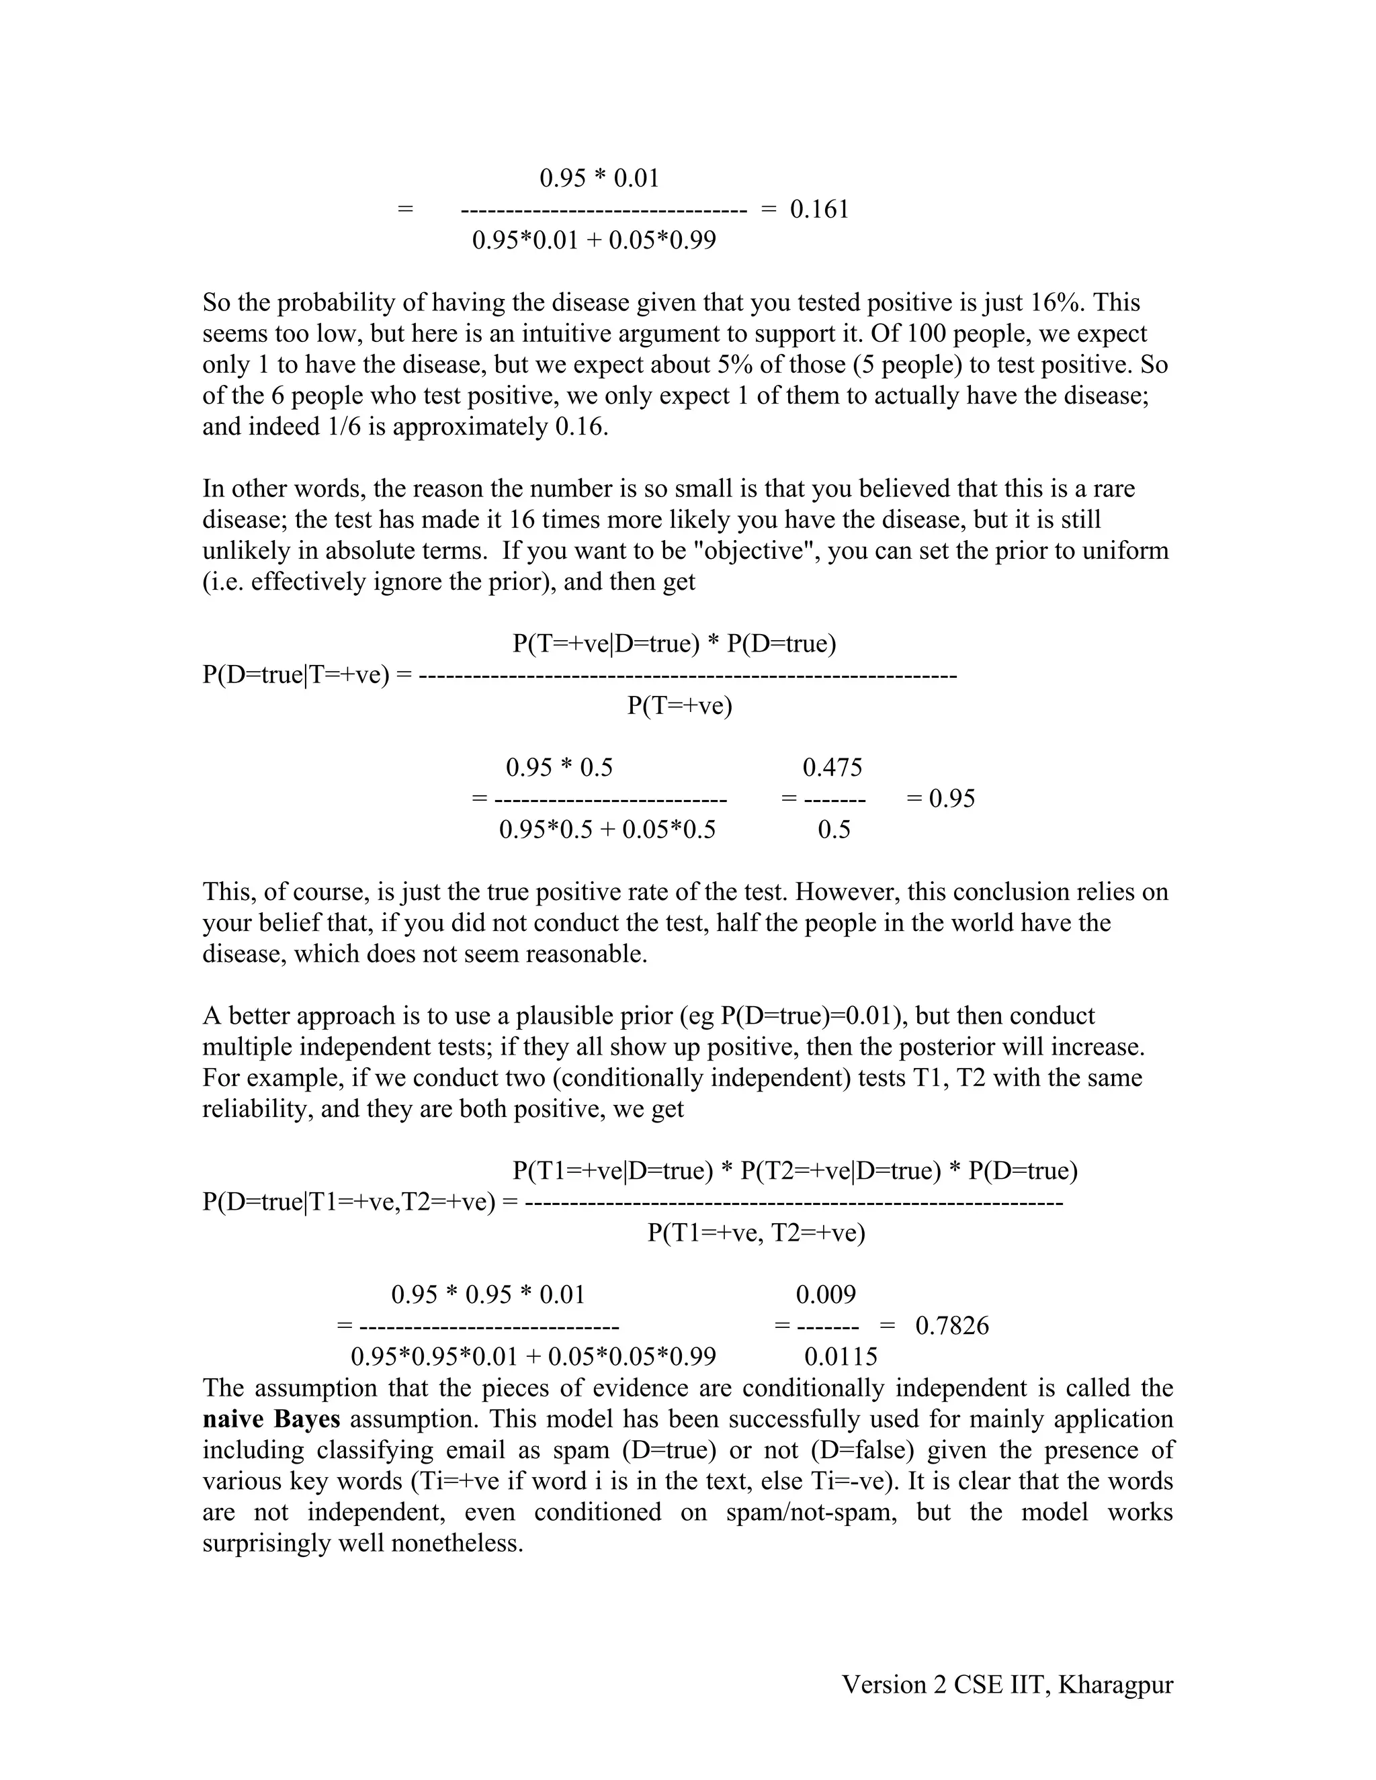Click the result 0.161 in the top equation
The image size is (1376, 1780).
pyautogui.click(x=819, y=210)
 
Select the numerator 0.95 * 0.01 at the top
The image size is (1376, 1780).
pyautogui.click(x=599, y=178)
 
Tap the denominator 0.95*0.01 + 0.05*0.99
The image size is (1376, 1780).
pyautogui.click(x=594, y=240)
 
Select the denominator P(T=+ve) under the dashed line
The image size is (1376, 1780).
pyautogui.click(x=680, y=706)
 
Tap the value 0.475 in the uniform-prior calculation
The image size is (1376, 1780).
pyautogui.click(x=832, y=767)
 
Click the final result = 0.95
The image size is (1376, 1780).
pyautogui.click(x=941, y=798)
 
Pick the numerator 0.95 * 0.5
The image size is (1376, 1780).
pyautogui.click(x=559, y=767)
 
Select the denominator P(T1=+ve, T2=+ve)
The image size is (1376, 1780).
pyautogui.click(x=757, y=1233)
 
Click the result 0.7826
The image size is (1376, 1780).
pyautogui.click(x=952, y=1326)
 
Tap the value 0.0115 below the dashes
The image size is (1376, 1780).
pyautogui.click(x=841, y=1357)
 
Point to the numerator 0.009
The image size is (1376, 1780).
pyautogui.click(x=826, y=1295)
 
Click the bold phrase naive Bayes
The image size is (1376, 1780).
pyautogui.click(x=271, y=1419)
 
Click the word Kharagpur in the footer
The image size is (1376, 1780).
pyautogui.click(x=1115, y=1685)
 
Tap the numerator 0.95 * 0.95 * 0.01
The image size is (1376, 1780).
pyautogui.click(x=488, y=1295)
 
